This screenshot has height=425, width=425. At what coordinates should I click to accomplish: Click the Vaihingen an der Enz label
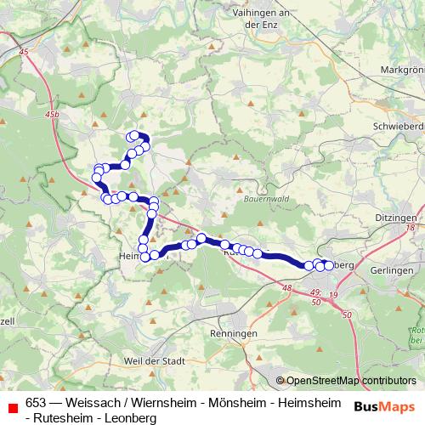coord(262,19)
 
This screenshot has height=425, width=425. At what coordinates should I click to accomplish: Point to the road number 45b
coord(54,114)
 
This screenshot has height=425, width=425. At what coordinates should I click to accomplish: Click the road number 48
coord(287,289)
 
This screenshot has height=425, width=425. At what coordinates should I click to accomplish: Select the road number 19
coord(332,294)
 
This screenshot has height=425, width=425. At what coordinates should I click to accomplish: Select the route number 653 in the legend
coord(37,403)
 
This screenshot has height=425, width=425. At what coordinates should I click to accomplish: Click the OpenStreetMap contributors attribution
coord(350,380)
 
